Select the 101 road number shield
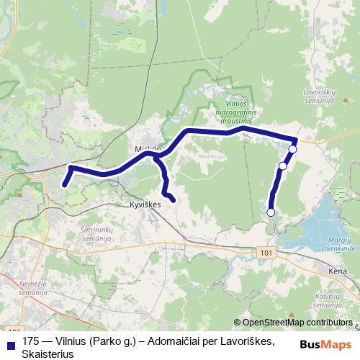click(x=267, y=253)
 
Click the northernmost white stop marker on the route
click(x=292, y=149)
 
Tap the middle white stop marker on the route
click(x=282, y=166)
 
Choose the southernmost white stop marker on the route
click(x=271, y=212)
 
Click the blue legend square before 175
click(x=10, y=342)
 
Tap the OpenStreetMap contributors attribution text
click(x=296, y=322)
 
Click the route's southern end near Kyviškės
click(x=174, y=198)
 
